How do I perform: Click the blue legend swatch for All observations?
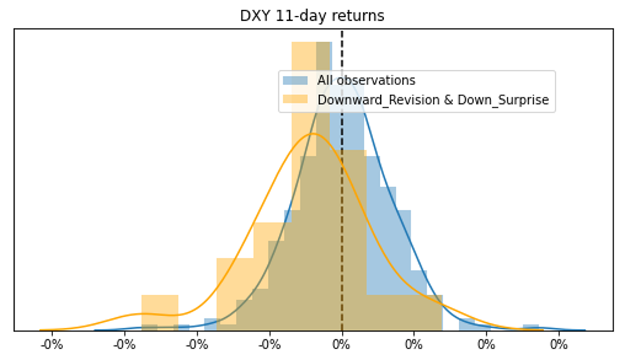coord(295,81)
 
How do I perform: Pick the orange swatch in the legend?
coord(295,100)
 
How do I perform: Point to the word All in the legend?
coord(325,80)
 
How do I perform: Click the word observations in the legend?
coord(376,80)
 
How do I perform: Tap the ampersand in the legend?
coord(448,100)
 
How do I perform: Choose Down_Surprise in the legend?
coord(503,100)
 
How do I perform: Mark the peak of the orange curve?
coord(313,133)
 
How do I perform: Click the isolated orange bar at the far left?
coord(160,312)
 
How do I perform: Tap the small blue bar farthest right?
coord(531,328)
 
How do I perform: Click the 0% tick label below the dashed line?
coord(342,344)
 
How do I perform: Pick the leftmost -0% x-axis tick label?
coord(52,344)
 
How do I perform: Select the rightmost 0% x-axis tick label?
coord(559,344)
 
